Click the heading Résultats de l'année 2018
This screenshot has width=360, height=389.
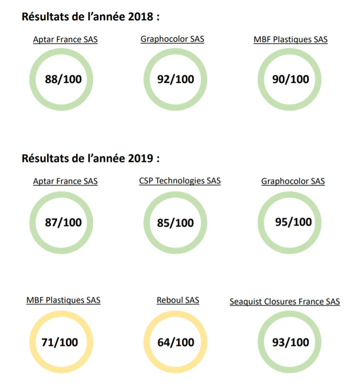click(x=91, y=17)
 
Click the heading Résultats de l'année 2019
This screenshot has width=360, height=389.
click(x=91, y=158)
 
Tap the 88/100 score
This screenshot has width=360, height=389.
click(x=63, y=79)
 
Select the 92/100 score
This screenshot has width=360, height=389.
click(x=176, y=79)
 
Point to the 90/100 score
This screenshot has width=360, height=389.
click(x=290, y=79)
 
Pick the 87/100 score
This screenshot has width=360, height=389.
click(x=63, y=223)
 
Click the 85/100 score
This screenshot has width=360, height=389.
click(x=176, y=223)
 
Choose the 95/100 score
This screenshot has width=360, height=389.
click(x=293, y=222)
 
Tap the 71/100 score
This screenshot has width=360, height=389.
click(x=60, y=342)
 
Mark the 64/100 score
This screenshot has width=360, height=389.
click(x=176, y=342)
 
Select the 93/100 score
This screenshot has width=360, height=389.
click(x=290, y=342)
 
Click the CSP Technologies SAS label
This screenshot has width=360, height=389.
click(x=180, y=181)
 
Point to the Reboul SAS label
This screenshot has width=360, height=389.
click(x=178, y=300)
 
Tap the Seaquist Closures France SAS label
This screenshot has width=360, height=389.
click(x=285, y=302)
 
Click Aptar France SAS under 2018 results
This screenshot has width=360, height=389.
click(x=65, y=40)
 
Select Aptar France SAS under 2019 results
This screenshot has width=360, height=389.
click(x=65, y=181)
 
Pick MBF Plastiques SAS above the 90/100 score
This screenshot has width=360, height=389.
click(x=290, y=40)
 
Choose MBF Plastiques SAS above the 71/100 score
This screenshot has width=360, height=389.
click(x=64, y=300)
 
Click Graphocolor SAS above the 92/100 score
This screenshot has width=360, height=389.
click(x=172, y=39)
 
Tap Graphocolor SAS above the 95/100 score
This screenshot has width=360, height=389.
click(x=293, y=181)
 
